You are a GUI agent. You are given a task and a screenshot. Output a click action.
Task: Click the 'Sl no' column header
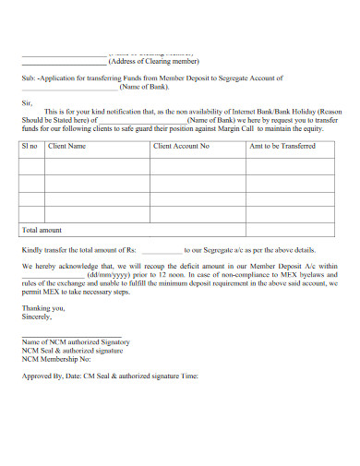pos(30,146)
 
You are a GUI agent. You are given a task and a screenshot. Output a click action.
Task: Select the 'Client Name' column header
pos(66,146)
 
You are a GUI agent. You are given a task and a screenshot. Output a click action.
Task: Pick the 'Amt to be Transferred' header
pos(284,146)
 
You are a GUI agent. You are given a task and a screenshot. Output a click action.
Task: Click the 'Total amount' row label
pos(42,229)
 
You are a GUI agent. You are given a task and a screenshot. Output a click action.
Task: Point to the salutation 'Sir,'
pos(26,103)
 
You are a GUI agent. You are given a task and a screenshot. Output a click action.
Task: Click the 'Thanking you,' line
pos(41,307)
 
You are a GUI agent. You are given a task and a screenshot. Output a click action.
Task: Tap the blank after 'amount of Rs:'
pos(162,250)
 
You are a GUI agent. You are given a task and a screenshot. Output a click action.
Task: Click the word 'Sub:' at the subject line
pos(28,78)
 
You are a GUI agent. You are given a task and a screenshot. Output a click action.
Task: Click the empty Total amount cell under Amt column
pos(294,229)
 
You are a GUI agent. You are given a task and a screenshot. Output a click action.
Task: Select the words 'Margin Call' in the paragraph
pos(260,128)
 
